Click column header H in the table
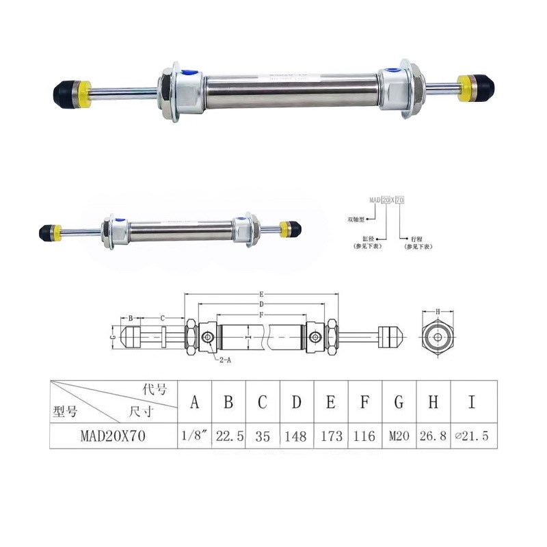433,402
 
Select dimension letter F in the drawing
262,314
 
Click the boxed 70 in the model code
400,200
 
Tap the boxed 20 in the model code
385,200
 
